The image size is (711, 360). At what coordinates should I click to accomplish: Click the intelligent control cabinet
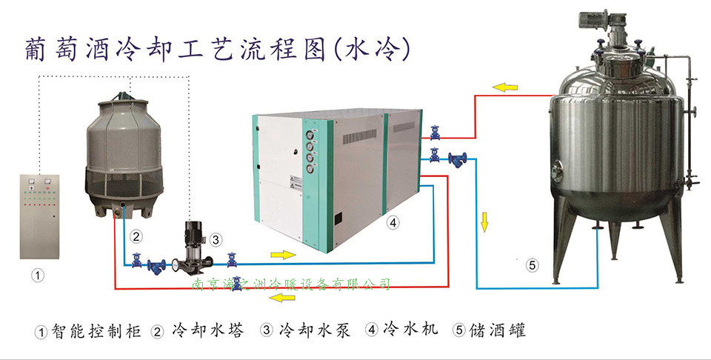click(x=40, y=214)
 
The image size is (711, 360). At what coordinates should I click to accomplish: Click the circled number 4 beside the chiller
click(x=393, y=221)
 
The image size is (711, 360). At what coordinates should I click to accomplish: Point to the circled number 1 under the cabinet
click(x=37, y=275)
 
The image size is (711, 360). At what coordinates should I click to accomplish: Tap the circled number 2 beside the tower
click(x=135, y=237)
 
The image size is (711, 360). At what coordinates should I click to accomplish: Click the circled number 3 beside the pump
click(x=216, y=239)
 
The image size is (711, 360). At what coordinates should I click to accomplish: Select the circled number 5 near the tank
click(x=531, y=263)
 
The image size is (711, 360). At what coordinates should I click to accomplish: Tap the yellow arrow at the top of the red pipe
click(x=507, y=87)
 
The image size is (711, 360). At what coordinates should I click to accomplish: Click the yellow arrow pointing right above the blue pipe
click(x=282, y=255)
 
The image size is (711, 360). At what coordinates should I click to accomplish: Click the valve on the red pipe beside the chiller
click(x=435, y=133)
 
